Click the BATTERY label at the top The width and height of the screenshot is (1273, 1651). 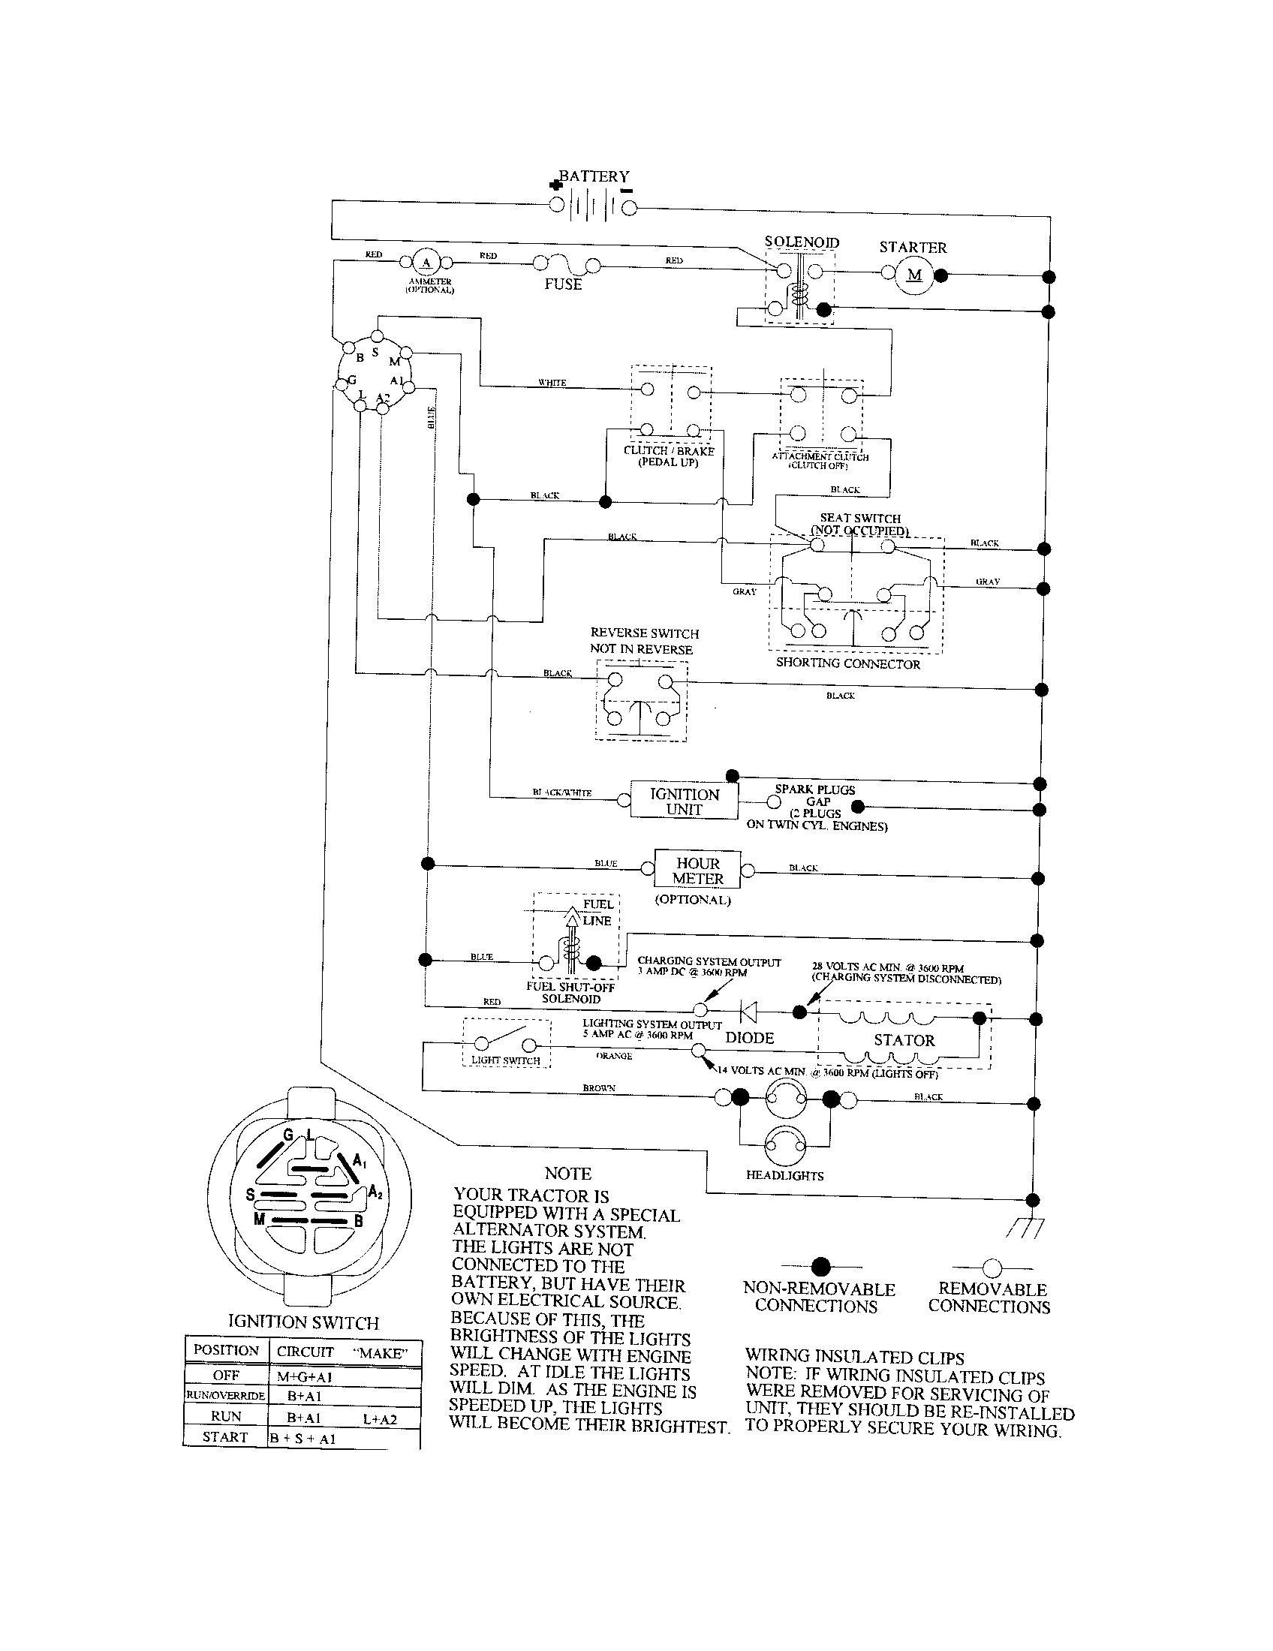[x=594, y=176]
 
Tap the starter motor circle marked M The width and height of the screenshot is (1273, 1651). [x=915, y=275]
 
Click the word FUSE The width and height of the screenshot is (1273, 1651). [x=563, y=285]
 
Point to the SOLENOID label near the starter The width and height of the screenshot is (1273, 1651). [x=802, y=242]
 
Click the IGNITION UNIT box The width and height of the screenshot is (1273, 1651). [x=684, y=801]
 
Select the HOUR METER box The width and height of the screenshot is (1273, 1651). [x=698, y=871]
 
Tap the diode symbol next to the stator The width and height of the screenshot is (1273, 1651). [x=749, y=1011]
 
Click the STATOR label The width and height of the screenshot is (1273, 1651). [x=904, y=1040]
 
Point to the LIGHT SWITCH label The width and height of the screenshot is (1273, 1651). [x=505, y=1060]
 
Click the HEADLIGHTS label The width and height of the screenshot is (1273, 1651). [x=784, y=1175]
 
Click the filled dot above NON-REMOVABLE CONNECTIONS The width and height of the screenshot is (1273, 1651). [x=820, y=1267]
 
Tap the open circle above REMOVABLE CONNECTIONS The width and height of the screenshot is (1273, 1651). [x=992, y=1268]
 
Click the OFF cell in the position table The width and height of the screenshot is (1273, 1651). [x=226, y=1375]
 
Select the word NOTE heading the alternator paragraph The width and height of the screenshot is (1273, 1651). [x=567, y=1173]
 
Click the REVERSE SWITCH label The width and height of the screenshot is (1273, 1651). [x=644, y=633]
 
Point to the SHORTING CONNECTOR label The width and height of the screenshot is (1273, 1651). [x=847, y=663]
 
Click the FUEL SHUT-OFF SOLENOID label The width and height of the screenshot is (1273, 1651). [x=570, y=993]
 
